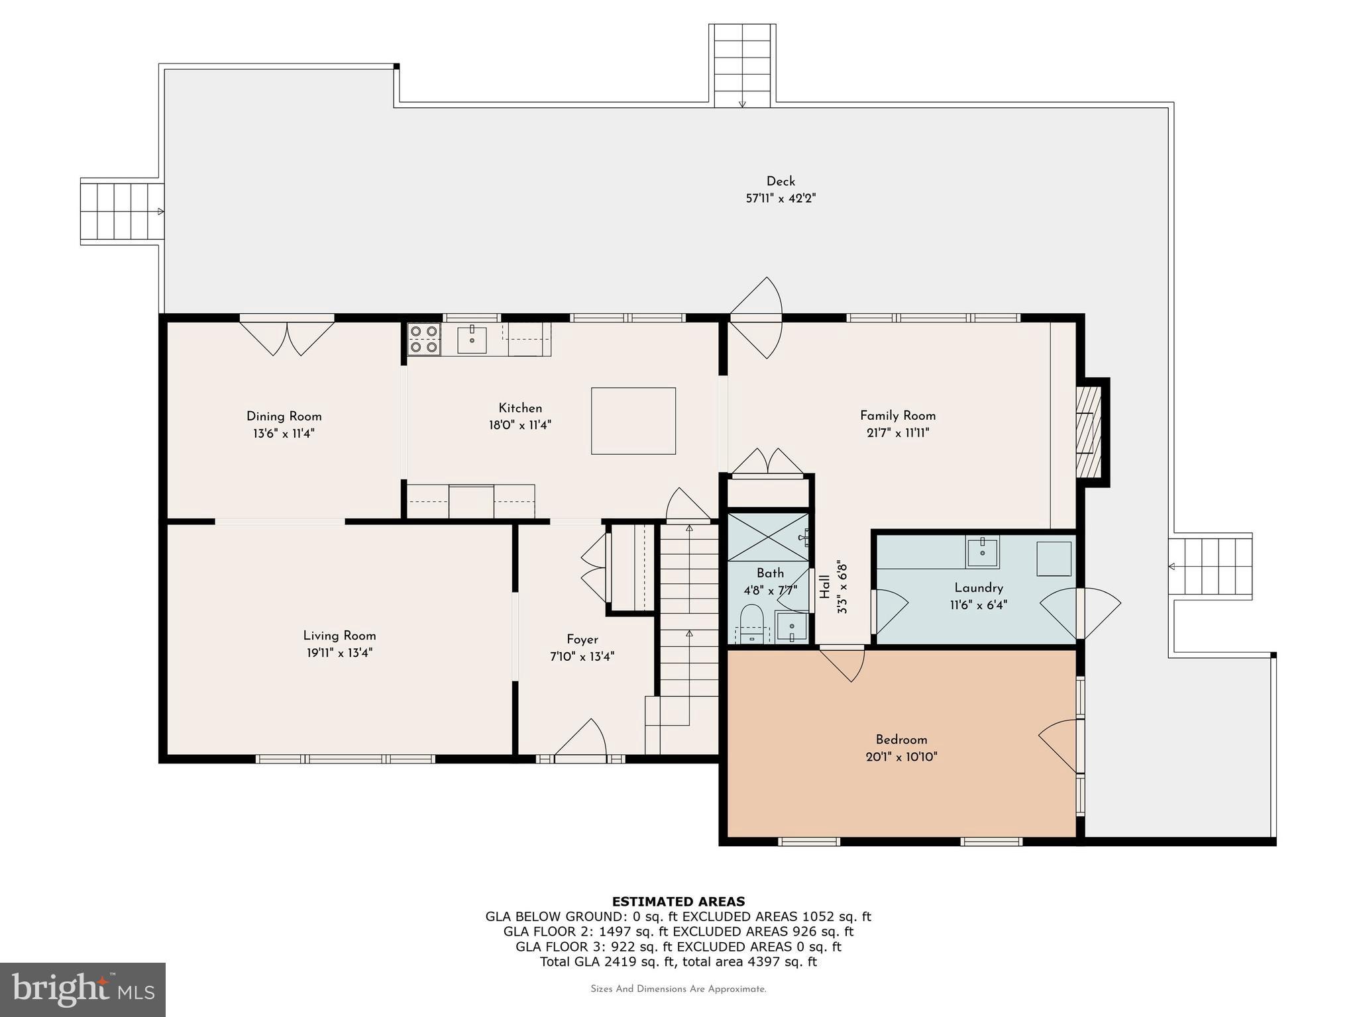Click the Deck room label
781,181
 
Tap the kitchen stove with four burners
423,339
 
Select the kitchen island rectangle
633,421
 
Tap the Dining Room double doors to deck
287,336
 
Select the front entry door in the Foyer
580,738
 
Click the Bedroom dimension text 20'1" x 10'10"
901,757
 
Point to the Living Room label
339,636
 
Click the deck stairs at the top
742,66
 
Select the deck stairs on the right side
1209,567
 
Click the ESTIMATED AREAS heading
678,901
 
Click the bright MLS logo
82,989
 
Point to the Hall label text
825,587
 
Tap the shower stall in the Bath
768,536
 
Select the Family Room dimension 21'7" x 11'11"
898,433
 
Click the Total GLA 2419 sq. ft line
678,961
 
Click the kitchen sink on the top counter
472,340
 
